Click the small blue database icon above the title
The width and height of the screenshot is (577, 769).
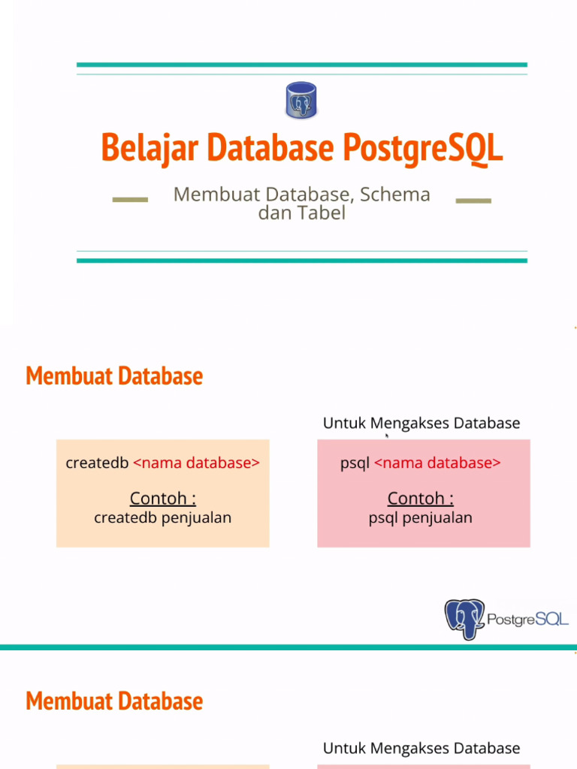point(301,101)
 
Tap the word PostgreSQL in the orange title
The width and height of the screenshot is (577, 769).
point(422,148)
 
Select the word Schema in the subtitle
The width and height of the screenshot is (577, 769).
point(394,195)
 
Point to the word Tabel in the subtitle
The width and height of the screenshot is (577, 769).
point(322,213)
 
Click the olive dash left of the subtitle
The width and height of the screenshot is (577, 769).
point(130,200)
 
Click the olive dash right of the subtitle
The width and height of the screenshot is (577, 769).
point(473,201)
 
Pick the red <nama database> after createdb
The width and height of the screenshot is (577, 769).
point(196,463)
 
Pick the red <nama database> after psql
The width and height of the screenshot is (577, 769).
point(437,463)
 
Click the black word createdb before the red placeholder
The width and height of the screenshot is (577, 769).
point(97,463)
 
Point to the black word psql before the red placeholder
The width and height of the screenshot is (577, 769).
point(355,463)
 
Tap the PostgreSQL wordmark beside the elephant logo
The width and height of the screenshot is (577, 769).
point(528,620)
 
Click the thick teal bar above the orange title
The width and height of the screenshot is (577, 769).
point(301,65)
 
